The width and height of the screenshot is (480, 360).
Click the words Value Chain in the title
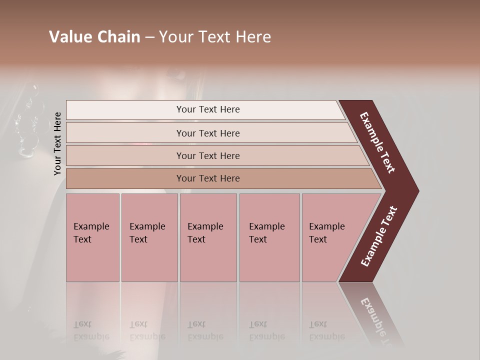click(x=94, y=37)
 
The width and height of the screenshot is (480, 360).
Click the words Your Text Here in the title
click(x=215, y=37)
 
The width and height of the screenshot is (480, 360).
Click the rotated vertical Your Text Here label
click(x=57, y=144)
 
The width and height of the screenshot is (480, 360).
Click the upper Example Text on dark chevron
click(x=377, y=142)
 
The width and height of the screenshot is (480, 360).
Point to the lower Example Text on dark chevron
click(x=378, y=236)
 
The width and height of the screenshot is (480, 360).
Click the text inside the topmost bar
click(x=208, y=109)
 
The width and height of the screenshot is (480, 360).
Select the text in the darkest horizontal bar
click(x=208, y=178)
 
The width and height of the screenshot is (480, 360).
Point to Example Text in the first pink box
click(x=91, y=232)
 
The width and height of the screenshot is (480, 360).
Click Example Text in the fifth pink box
click(x=326, y=232)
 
